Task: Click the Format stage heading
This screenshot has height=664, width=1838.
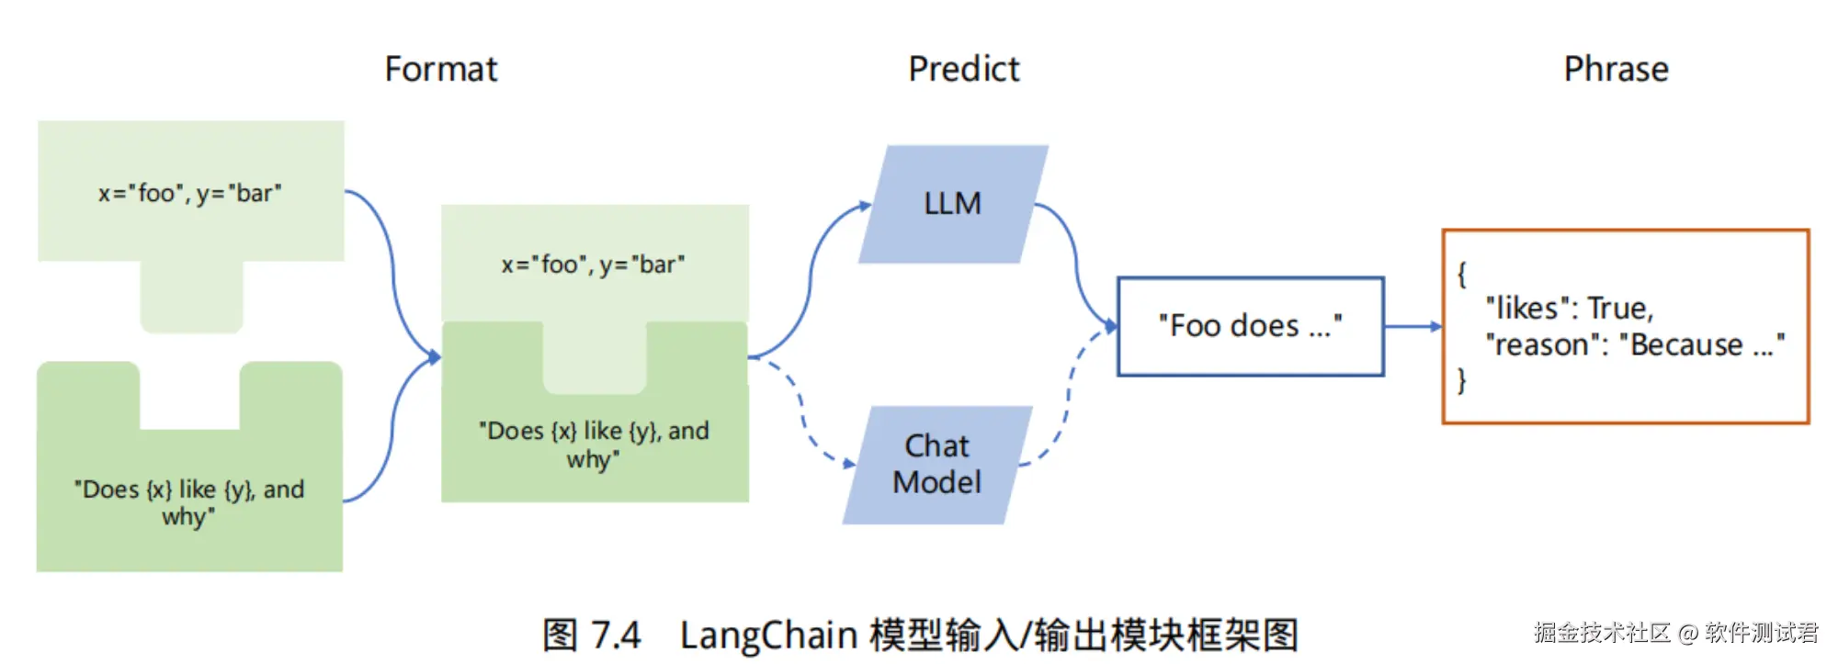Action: tap(441, 69)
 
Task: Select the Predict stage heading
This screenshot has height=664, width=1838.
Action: tap(964, 69)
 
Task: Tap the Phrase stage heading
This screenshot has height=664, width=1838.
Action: tap(1616, 69)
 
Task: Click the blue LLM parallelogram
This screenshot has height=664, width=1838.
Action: tap(953, 204)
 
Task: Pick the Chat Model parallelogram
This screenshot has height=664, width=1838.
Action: tap(937, 465)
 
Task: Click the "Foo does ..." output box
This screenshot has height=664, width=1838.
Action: tap(1251, 326)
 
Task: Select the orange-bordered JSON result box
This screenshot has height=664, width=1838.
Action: tap(1626, 326)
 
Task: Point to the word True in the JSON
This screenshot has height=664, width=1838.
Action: tap(1620, 308)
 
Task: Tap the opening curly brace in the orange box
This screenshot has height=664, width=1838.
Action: tap(1461, 274)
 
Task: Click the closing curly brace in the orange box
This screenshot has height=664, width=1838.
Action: tap(1461, 380)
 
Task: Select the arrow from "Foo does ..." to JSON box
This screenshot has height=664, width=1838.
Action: tap(1413, 326)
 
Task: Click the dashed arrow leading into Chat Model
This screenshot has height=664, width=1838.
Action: tap(802, 411)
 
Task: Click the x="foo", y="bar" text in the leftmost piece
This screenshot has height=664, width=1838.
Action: tap(190, 193)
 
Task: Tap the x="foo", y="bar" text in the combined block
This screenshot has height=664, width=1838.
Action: tap(593, 264)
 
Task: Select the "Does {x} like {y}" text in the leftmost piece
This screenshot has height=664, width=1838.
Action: tap(189, 502)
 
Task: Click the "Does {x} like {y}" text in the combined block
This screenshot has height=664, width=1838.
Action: tap(594, 445)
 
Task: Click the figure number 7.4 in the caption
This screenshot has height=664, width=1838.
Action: tap(616, 636)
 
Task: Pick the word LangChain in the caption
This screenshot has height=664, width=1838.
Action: tap(768, 636)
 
